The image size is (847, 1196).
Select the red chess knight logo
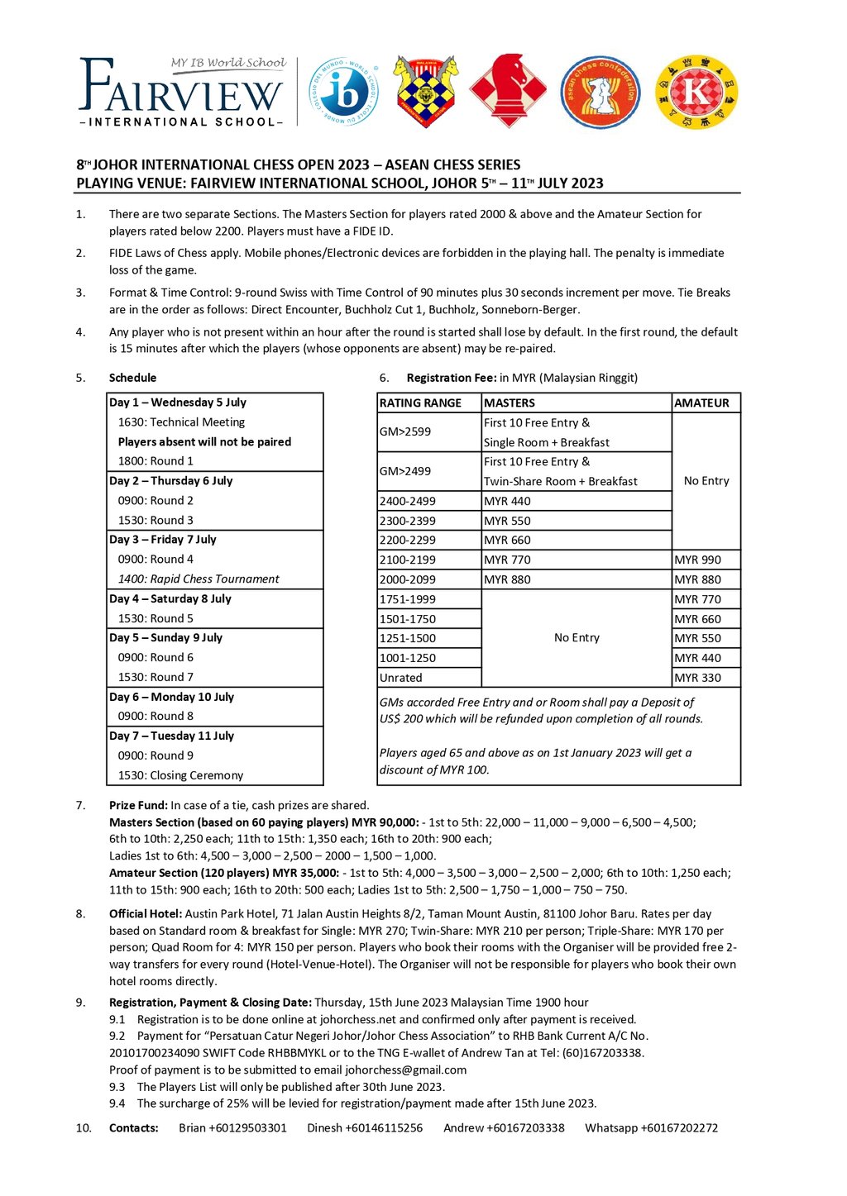coord(508,91)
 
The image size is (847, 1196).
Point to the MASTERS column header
coord(510,403)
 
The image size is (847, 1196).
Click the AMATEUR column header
coord(701,403)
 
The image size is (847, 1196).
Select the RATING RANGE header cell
coord(420,403)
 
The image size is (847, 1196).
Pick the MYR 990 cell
coord(697,560)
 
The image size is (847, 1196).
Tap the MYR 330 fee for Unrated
coord(697,678)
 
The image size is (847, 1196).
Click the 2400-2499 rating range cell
coord(408,501)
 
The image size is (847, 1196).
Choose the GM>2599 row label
coord(405,431)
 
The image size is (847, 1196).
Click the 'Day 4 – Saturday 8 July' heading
coord(170,599)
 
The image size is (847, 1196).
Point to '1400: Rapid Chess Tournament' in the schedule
coord(199,579)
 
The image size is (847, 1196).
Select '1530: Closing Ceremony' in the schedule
coord(180,775)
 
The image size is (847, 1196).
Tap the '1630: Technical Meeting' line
coord(181,422)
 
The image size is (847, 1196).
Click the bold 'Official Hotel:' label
coord(146,914)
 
